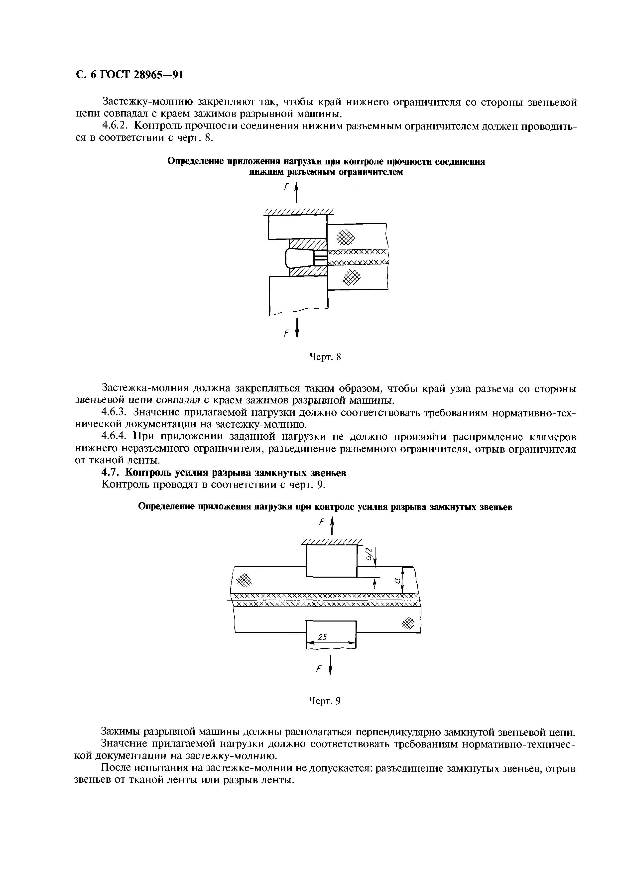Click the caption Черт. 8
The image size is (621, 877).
click(324, 357)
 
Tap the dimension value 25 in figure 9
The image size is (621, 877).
click(323, 637)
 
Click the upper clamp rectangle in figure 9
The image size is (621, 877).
click(331, 561)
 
